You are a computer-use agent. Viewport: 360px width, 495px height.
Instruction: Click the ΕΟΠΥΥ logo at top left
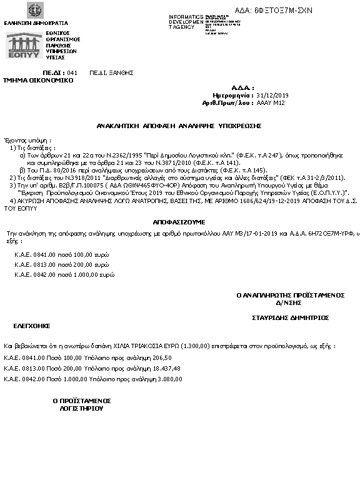pos(24,45)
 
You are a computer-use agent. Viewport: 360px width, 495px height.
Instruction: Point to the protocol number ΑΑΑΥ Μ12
pos(271,102)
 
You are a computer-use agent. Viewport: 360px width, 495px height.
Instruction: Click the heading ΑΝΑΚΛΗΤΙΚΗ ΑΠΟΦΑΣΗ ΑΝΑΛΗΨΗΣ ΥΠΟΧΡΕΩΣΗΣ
pos(179,126)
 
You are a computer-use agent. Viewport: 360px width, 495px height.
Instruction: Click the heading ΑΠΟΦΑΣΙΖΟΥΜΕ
pos(179,222)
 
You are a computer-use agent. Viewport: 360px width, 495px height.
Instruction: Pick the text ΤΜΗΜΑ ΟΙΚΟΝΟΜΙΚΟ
pos(38,80)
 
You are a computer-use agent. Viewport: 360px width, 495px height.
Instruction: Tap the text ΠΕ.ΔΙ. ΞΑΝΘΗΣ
pos(112,72)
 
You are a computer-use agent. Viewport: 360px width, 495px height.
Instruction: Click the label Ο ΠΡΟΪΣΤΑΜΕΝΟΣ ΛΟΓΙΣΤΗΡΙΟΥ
pos(81,404)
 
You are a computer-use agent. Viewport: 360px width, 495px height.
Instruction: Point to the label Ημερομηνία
pos(237,95)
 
